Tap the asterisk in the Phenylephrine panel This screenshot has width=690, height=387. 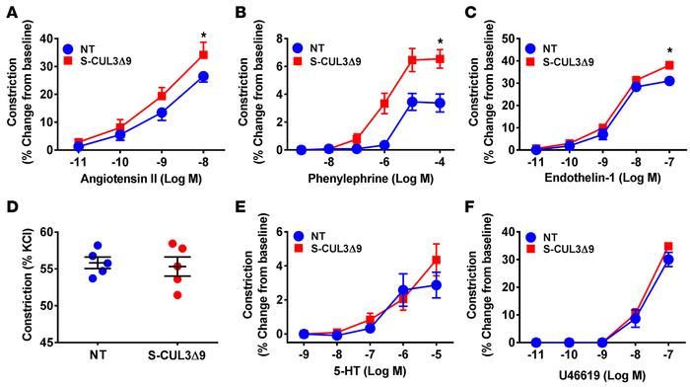441,42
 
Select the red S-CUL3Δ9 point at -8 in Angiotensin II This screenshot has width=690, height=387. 203,54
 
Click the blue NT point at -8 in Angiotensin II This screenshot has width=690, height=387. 203,77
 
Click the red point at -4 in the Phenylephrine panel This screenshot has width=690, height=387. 441,59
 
